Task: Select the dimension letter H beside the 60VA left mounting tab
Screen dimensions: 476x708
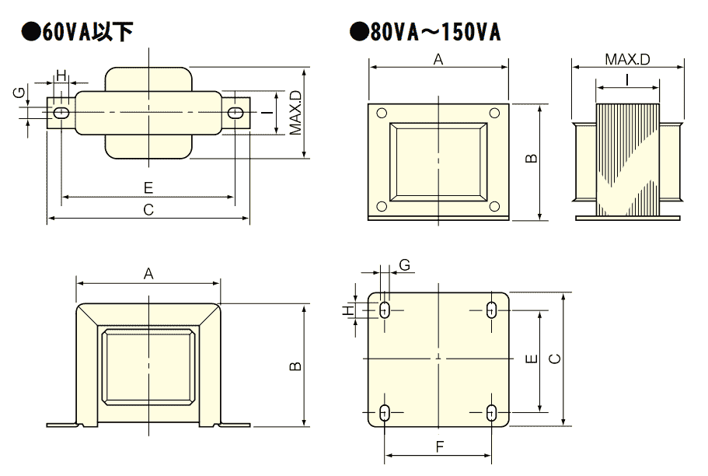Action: pyautogui.click(x=61, y=76)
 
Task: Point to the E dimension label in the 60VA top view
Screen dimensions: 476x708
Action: pyautogui.click(x=148, y=187)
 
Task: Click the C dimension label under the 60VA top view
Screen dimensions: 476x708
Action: pyautogui.click(x=148, y=210)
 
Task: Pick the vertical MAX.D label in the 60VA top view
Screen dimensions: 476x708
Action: pyautogui.click(x=295, y=114)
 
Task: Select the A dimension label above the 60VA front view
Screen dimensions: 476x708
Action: pyautogui.click(x=148, y=274)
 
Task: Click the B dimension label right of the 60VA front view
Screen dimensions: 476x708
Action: pyautogui.click(x=295, y=366)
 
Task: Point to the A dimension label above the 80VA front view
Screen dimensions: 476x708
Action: pyautogui.click(x=438, y=59)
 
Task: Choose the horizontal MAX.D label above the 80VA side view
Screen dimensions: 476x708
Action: pyautogui.click(x=627, y=59)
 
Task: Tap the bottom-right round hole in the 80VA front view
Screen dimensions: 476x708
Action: pyautogui.click(x=494, y=206)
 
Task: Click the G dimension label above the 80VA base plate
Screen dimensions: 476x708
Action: pyautogui.click(x=404, y=265)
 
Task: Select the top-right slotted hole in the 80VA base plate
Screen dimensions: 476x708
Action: pyautogui.click(x=491, y=310)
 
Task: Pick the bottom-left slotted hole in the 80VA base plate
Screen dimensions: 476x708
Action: pyautogui.click(x=385, y=413)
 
